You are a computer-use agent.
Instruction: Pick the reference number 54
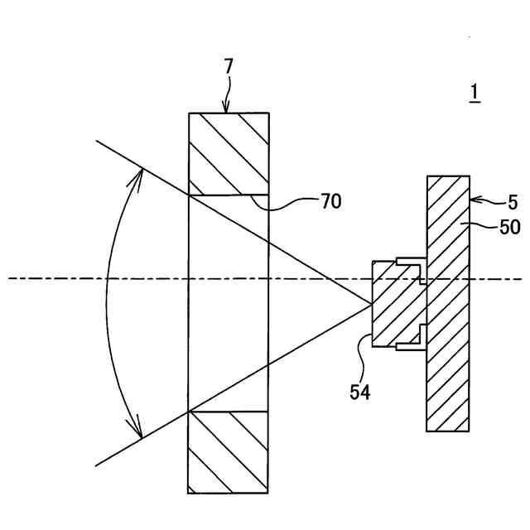361,392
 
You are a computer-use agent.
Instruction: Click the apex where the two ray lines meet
372,303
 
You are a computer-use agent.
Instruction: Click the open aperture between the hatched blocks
229,302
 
